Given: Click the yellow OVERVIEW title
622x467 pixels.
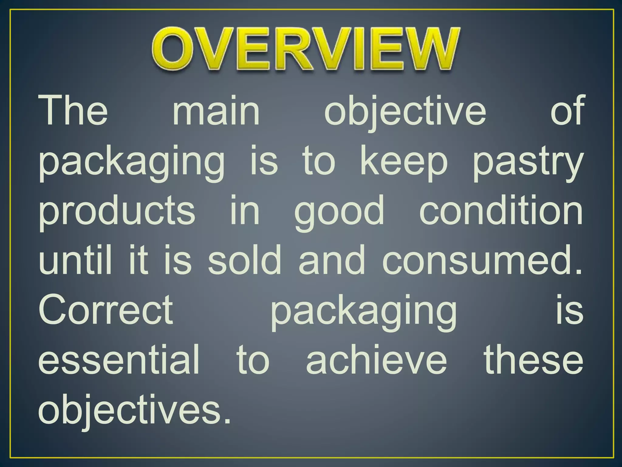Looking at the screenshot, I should pos(305,49).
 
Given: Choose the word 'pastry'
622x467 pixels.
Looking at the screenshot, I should pos(528,163).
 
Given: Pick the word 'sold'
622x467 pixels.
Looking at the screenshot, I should pos(245,260).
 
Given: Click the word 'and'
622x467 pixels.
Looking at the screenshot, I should pos(332,260).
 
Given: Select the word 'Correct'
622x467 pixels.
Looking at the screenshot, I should pos(106,310).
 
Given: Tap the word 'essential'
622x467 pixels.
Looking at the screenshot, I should pos(119,360).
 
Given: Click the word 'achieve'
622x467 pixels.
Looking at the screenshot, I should pos(377,360).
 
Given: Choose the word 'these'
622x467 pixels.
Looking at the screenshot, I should pos(534,360).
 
